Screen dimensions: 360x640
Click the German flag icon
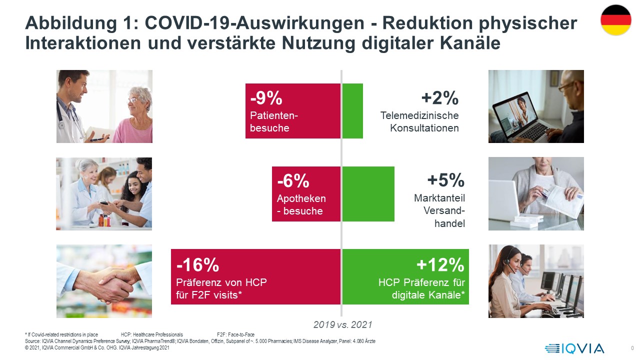click(616, 20)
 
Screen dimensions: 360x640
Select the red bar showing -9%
click(293, 111)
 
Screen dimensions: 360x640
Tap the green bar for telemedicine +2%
click(352, 111)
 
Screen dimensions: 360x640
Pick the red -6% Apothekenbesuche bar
click(306, 194)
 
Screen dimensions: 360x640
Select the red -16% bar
click(256, 276)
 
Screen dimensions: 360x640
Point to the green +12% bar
click(405, 276)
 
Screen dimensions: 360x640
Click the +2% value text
click(440, 98)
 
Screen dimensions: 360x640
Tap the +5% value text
click(446, 180)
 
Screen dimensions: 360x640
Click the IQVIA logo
click(574, 348)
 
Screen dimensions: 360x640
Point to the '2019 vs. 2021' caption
click(343, 325)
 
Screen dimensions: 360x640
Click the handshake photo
click(104, 281)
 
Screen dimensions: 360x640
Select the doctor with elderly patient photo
click(104, 106)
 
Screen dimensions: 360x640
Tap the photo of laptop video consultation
click(536, 106)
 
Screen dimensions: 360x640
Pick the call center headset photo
click(536, 281)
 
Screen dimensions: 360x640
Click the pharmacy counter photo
click(104, 194)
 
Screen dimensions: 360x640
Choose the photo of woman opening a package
click(536, 194)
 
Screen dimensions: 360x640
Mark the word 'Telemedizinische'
click(419, 115)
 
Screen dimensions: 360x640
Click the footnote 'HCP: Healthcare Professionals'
click(152, 334)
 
